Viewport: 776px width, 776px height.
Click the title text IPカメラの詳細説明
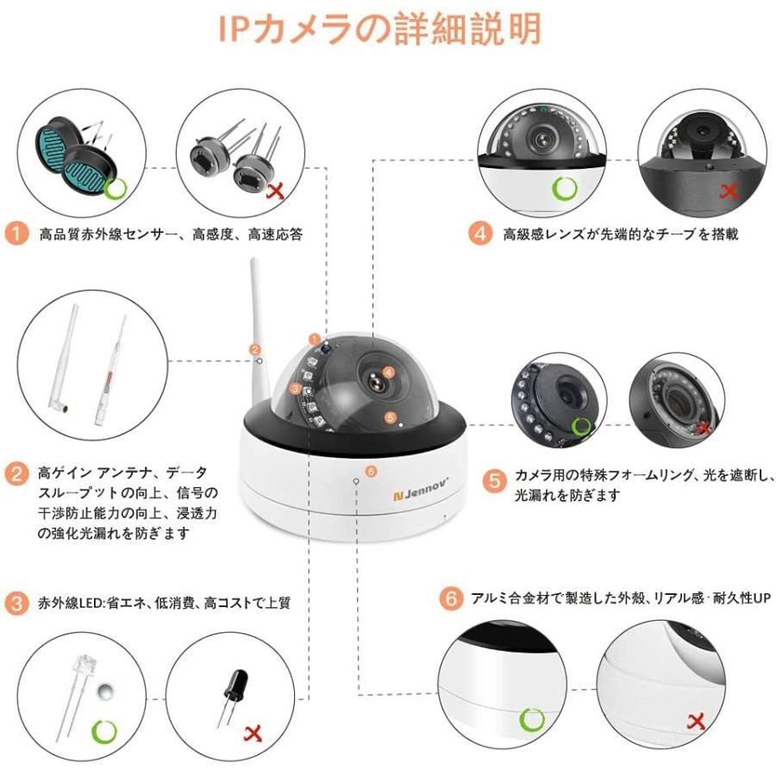pos(379,28)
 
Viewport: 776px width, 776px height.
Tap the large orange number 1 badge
pos(16,234)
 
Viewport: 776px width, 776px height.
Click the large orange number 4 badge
pos(480,234)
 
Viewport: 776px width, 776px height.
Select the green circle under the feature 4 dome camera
pos(565,187)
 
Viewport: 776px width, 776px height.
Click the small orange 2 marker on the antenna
pos(254,349)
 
